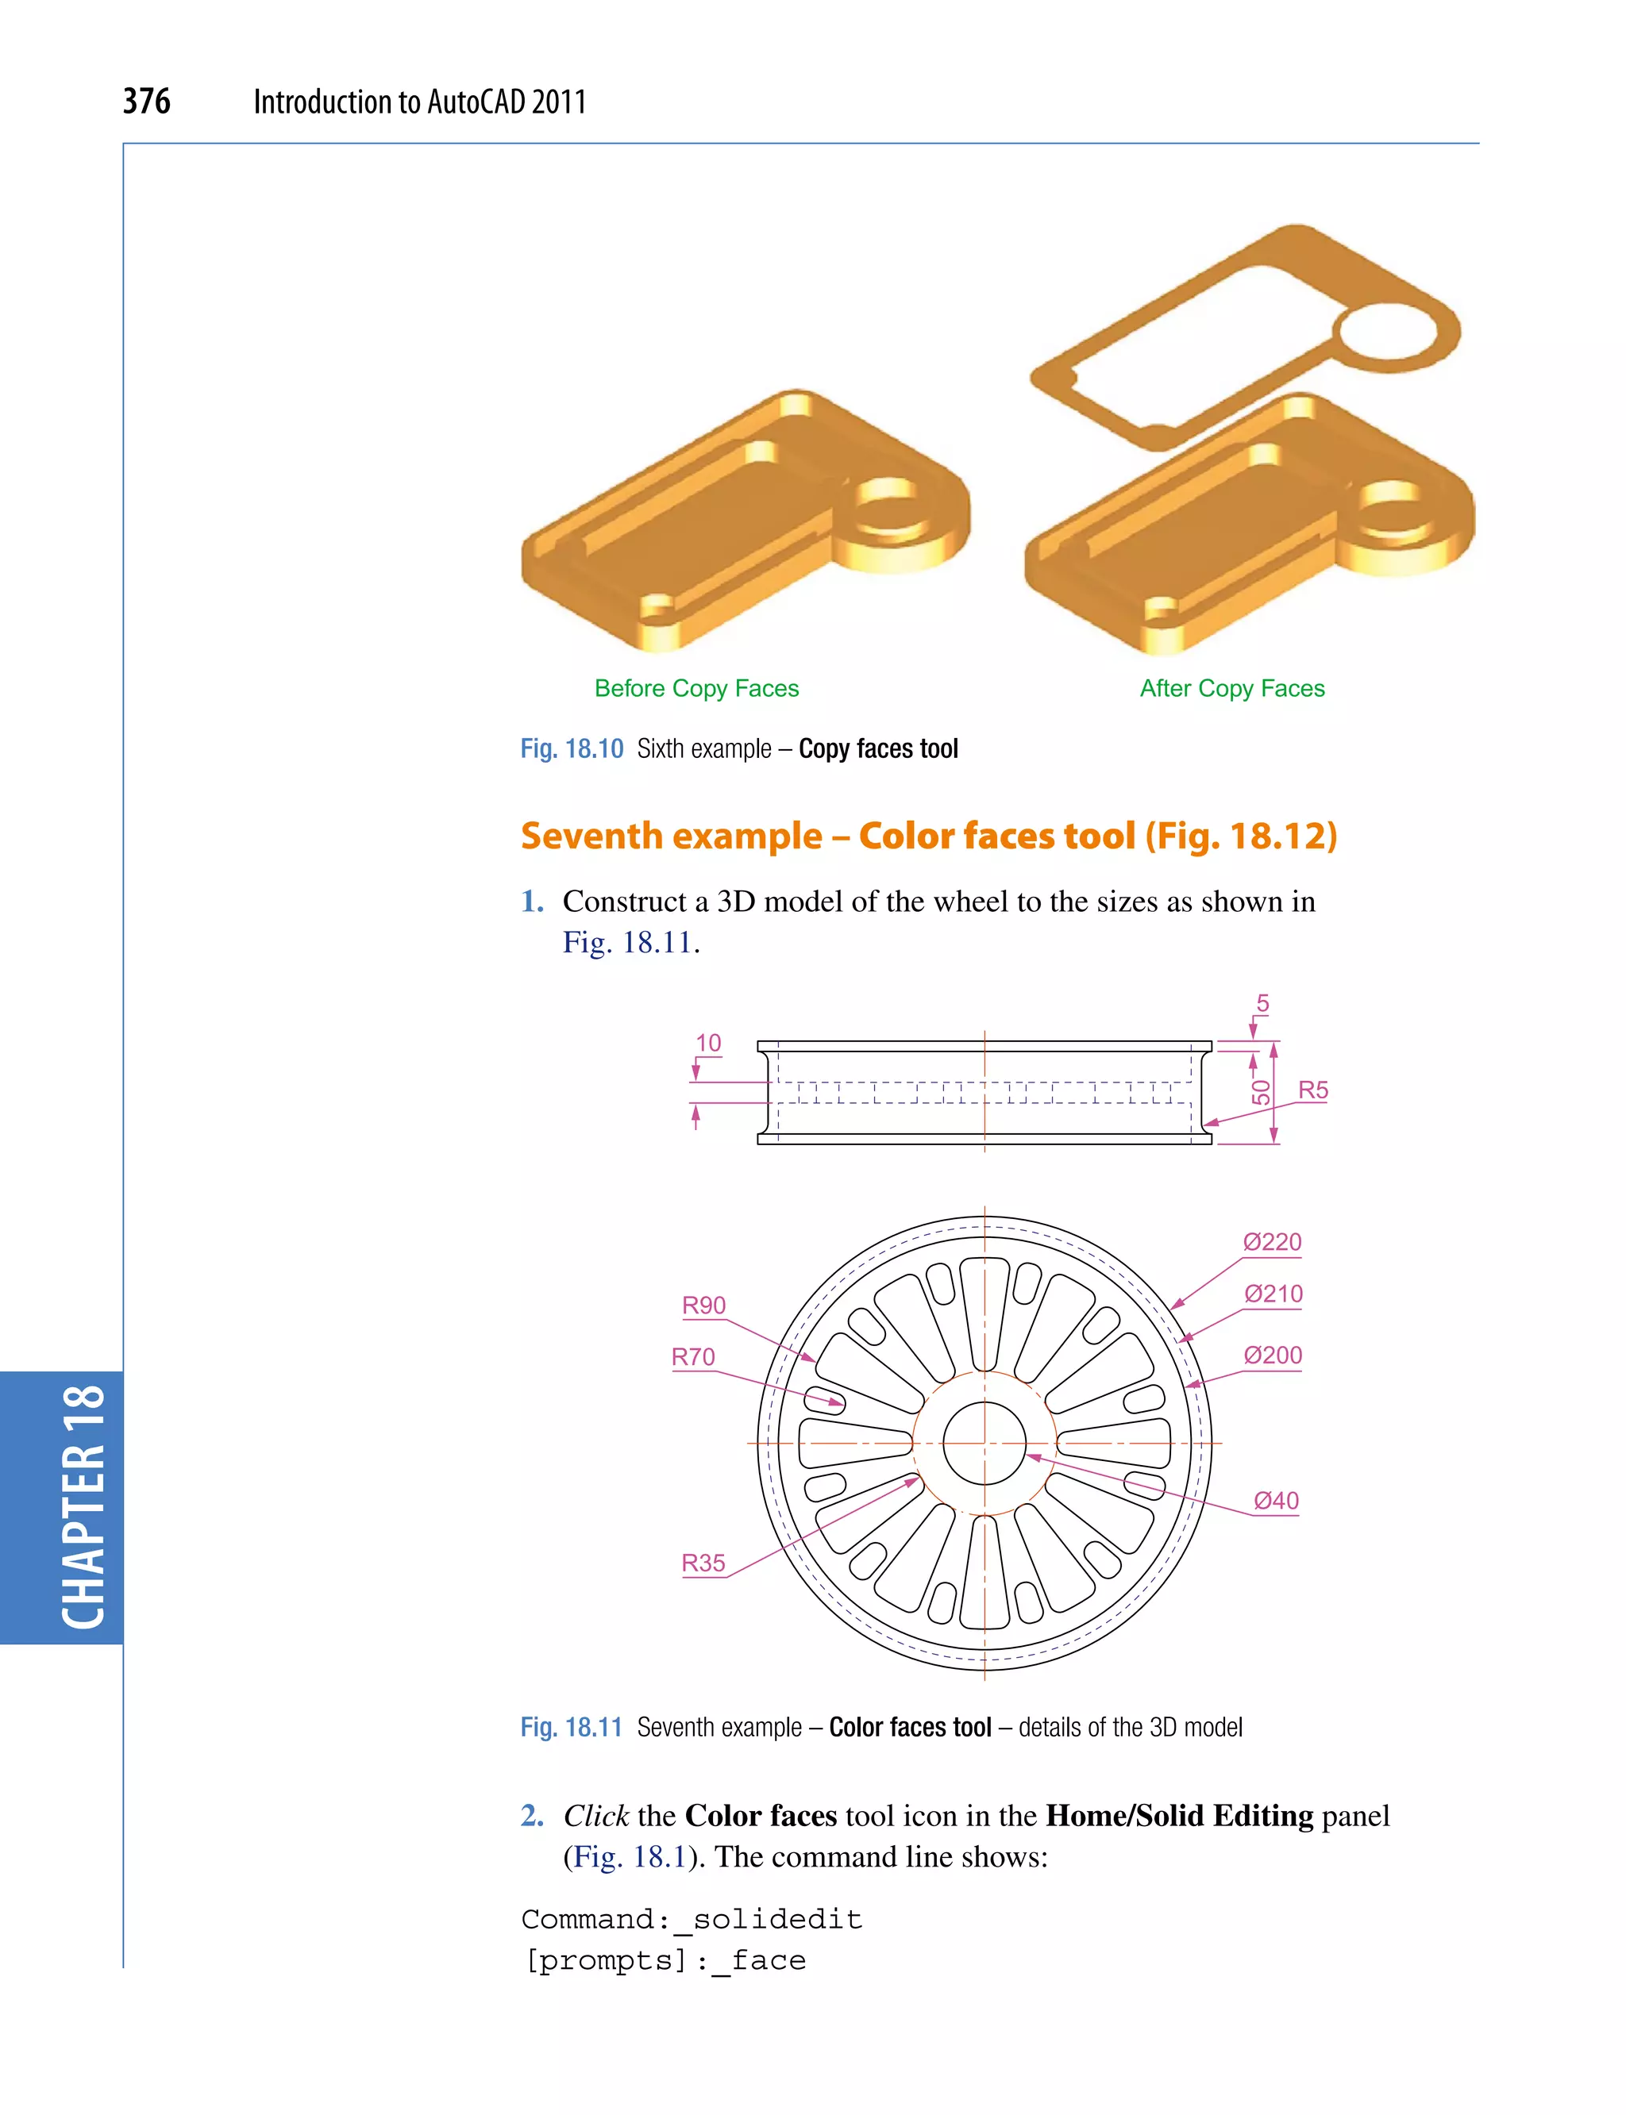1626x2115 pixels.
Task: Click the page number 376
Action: (146, 102)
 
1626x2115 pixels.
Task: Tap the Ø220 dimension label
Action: (1272, 1242)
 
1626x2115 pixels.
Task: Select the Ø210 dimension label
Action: (1273, 1294)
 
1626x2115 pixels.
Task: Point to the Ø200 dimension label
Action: (1272, 1356)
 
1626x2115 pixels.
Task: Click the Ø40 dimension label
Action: (1276, 1501)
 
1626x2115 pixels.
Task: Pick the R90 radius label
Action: (703, 1306)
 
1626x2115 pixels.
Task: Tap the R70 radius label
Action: (693, 1357)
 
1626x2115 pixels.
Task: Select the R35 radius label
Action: (703, 1563)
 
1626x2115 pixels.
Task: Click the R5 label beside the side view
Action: (1312, 1090)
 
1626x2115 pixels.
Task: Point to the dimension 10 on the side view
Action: (708, 1043)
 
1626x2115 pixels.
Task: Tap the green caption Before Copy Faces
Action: (697, 688)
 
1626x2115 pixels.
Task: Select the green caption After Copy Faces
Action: (1232, 688)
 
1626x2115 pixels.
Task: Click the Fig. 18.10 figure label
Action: (572, 749)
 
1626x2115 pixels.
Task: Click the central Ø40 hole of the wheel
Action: (984, 1444)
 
